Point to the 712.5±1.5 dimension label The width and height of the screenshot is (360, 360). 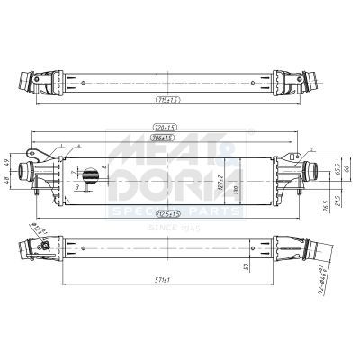tap(168, 213)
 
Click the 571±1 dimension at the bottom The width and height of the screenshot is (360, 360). tap(168, 281)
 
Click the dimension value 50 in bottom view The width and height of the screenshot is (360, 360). tap(245, 267)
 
